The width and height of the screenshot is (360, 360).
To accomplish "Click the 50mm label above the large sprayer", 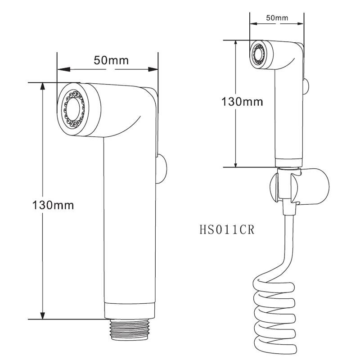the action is [111, 60].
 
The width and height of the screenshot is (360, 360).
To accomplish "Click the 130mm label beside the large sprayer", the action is [53, 205].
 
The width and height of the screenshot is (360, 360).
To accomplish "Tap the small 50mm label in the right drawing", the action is [277, 18].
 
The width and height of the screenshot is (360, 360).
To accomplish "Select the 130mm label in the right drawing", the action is [242, 102].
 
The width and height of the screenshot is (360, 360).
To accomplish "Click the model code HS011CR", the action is [227, 229].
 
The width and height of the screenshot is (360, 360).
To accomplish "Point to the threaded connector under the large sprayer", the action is [130, 329].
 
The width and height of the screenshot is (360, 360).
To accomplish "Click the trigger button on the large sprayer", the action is [162, 169].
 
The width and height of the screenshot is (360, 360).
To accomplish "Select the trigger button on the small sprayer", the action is [306, 86].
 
